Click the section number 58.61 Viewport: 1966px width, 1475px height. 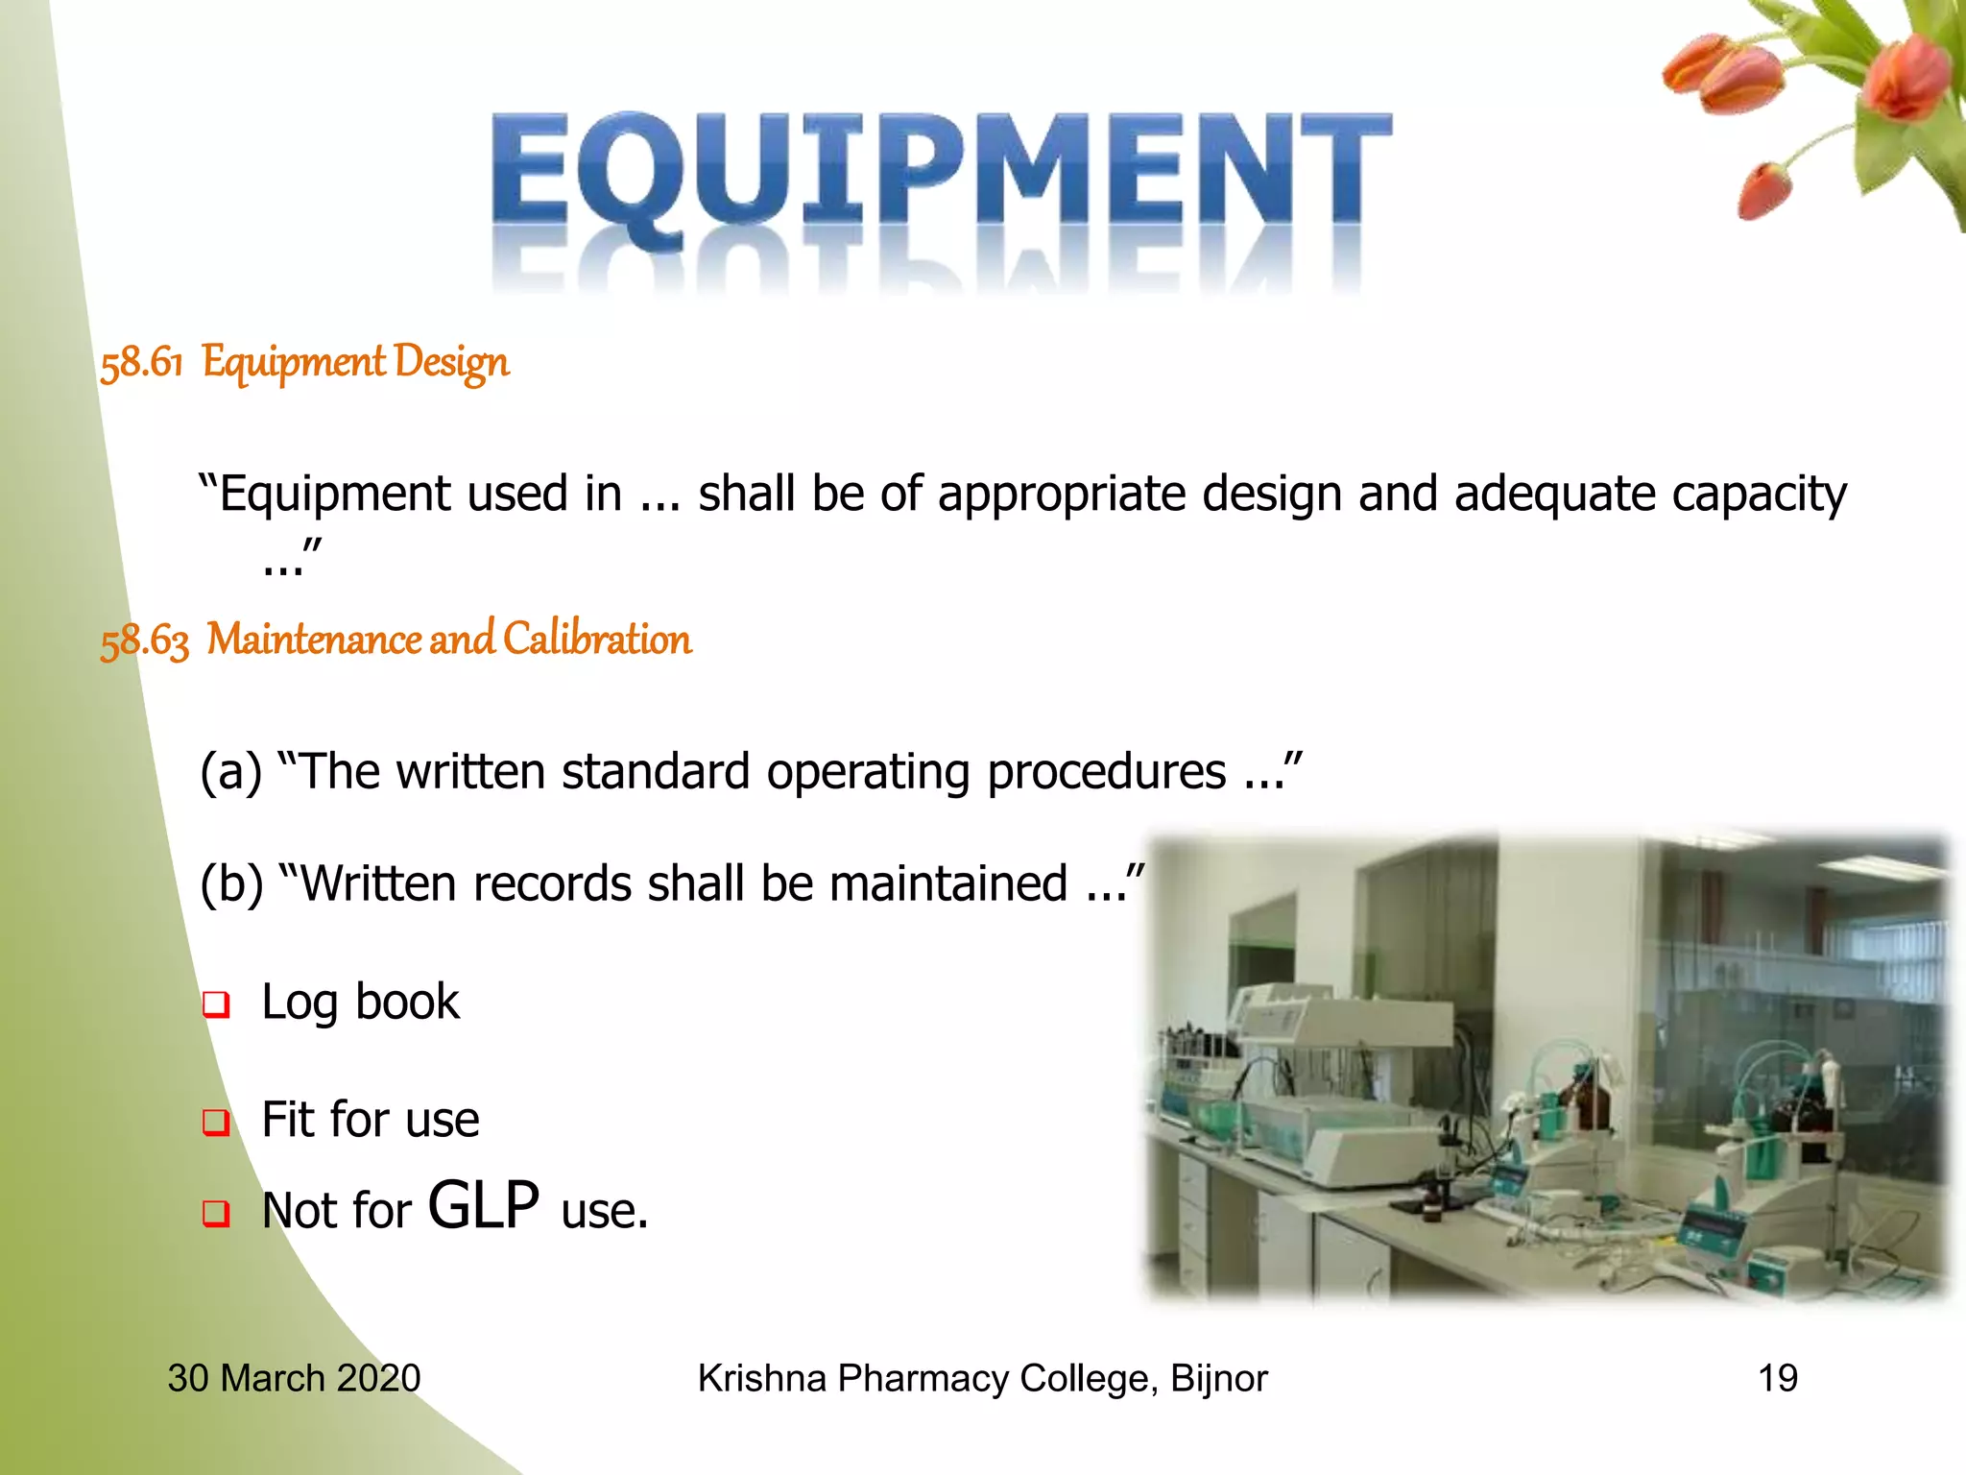tap(141, 363)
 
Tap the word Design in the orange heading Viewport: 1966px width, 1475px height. tap(451, 363)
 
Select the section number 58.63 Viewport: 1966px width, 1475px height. tap(145, 641)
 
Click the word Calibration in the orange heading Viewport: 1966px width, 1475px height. tap(596, 639)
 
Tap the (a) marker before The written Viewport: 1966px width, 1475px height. tap(230, 771)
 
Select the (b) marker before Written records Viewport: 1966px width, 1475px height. tap(231, 883)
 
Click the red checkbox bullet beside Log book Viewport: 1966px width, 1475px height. tap(216, 1004)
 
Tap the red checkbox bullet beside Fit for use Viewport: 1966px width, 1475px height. tap(216, 1122)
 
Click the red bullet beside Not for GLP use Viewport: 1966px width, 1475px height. tap(216, 1213)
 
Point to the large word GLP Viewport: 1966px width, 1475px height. tap(483, 1205)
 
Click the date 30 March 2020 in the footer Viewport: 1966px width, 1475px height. tap(294, 1378)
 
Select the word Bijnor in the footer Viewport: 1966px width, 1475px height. tap(1219, 1378)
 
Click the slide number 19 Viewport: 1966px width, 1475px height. tap(1777, 1378)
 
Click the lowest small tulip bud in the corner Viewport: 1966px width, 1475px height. tap(1764, 192)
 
